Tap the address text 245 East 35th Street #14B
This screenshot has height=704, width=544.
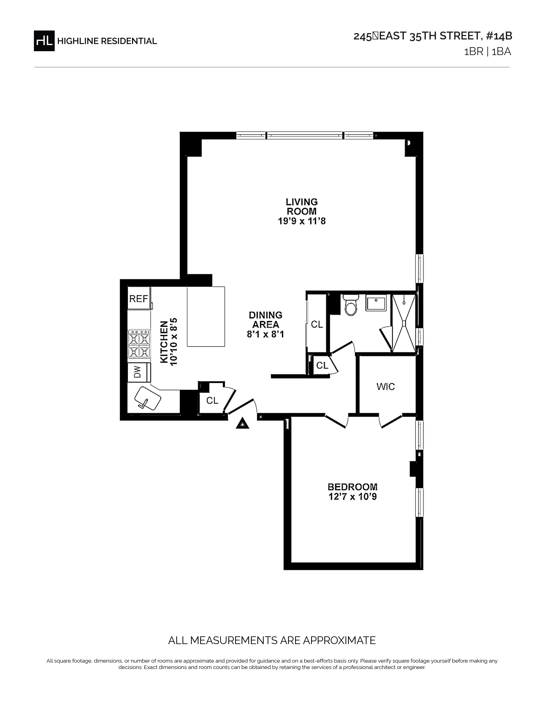coord(433,36)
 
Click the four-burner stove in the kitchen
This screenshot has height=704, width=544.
coord(139,344)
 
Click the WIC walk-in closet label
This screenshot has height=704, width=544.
coord(385,387)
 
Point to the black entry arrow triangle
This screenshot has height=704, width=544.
coord(242,423)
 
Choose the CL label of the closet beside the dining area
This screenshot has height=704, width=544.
coord(317,324)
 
